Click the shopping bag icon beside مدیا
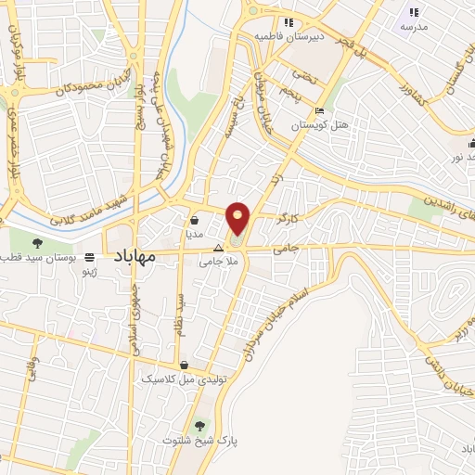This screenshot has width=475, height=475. point(195,221)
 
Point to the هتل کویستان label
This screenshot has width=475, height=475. point(320,124)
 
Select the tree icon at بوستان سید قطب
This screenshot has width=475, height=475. point(36,243)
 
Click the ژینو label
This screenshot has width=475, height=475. point(90,272)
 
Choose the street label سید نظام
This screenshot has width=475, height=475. point(182,315)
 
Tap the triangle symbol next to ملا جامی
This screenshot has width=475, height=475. point(219,249)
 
